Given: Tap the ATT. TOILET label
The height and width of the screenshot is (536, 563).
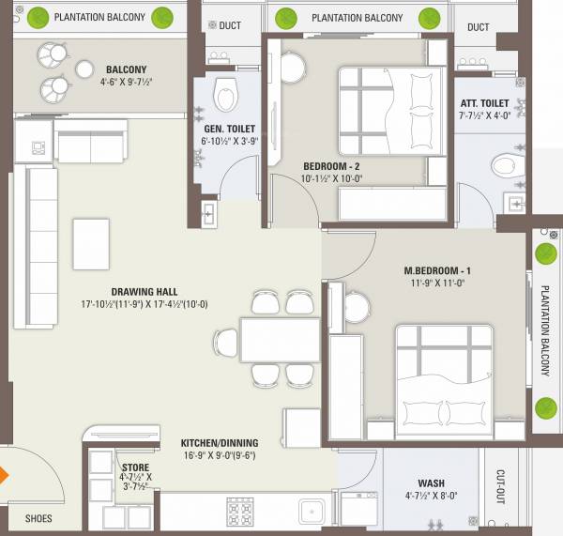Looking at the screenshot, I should click(x=484, y=102).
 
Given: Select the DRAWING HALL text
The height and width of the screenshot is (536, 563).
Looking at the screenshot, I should click(x=144, y=292).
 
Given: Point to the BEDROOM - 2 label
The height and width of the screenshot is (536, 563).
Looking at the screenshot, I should click(x=330, y=166).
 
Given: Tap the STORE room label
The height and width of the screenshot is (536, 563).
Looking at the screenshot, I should click(x=135, y=467).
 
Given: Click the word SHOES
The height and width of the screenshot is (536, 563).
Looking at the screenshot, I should click(x=38, y=518).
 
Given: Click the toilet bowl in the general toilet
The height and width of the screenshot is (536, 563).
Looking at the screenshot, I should click(x=225, y=93).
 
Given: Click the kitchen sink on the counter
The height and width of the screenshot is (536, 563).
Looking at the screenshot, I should click(x=312, y=512).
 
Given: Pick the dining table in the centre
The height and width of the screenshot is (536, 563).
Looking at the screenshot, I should click(x=266, y=339).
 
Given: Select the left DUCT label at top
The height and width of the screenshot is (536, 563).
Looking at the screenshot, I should click(x=230, y=26).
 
